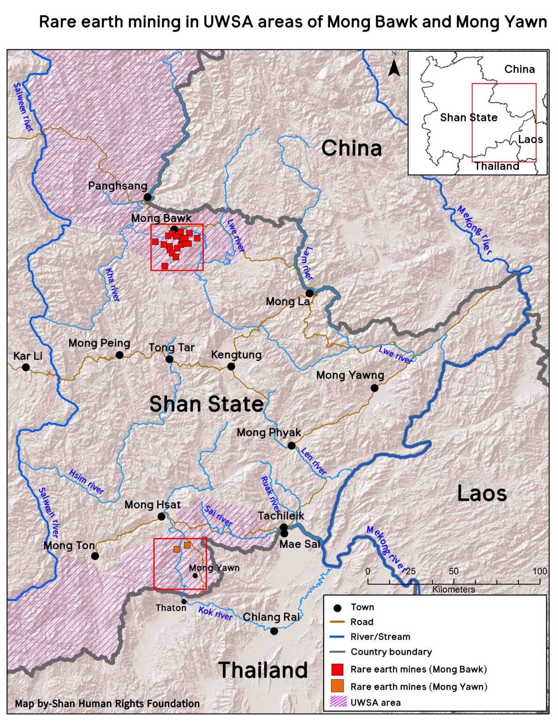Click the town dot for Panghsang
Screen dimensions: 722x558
click(x=148, y=197)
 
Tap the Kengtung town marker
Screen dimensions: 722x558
click(x=231, y=366)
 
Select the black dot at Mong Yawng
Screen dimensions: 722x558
click(x=374, y=388)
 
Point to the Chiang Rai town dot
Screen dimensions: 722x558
click(x=274, y=631)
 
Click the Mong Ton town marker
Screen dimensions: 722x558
click(x=95, y=556)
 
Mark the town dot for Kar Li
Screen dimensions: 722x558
click(x=26, y=367)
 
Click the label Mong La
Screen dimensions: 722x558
click(x=288, y=301)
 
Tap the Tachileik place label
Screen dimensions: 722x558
click(x=281, y=516)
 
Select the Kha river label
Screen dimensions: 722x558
click(x=112, y=285)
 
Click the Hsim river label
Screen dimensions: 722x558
click(x=86, y=482)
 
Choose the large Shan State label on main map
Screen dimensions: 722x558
click(x=206, y=404)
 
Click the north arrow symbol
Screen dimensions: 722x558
click(x=394, y=66)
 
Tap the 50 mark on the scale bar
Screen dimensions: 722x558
click(x=453, y=571)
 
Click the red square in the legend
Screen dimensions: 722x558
click(x=337, y=669)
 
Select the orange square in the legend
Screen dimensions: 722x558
click(x=337, y=686)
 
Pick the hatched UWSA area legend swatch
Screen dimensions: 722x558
click(x=337, y=702)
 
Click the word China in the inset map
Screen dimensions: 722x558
click(x=519, y=69)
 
